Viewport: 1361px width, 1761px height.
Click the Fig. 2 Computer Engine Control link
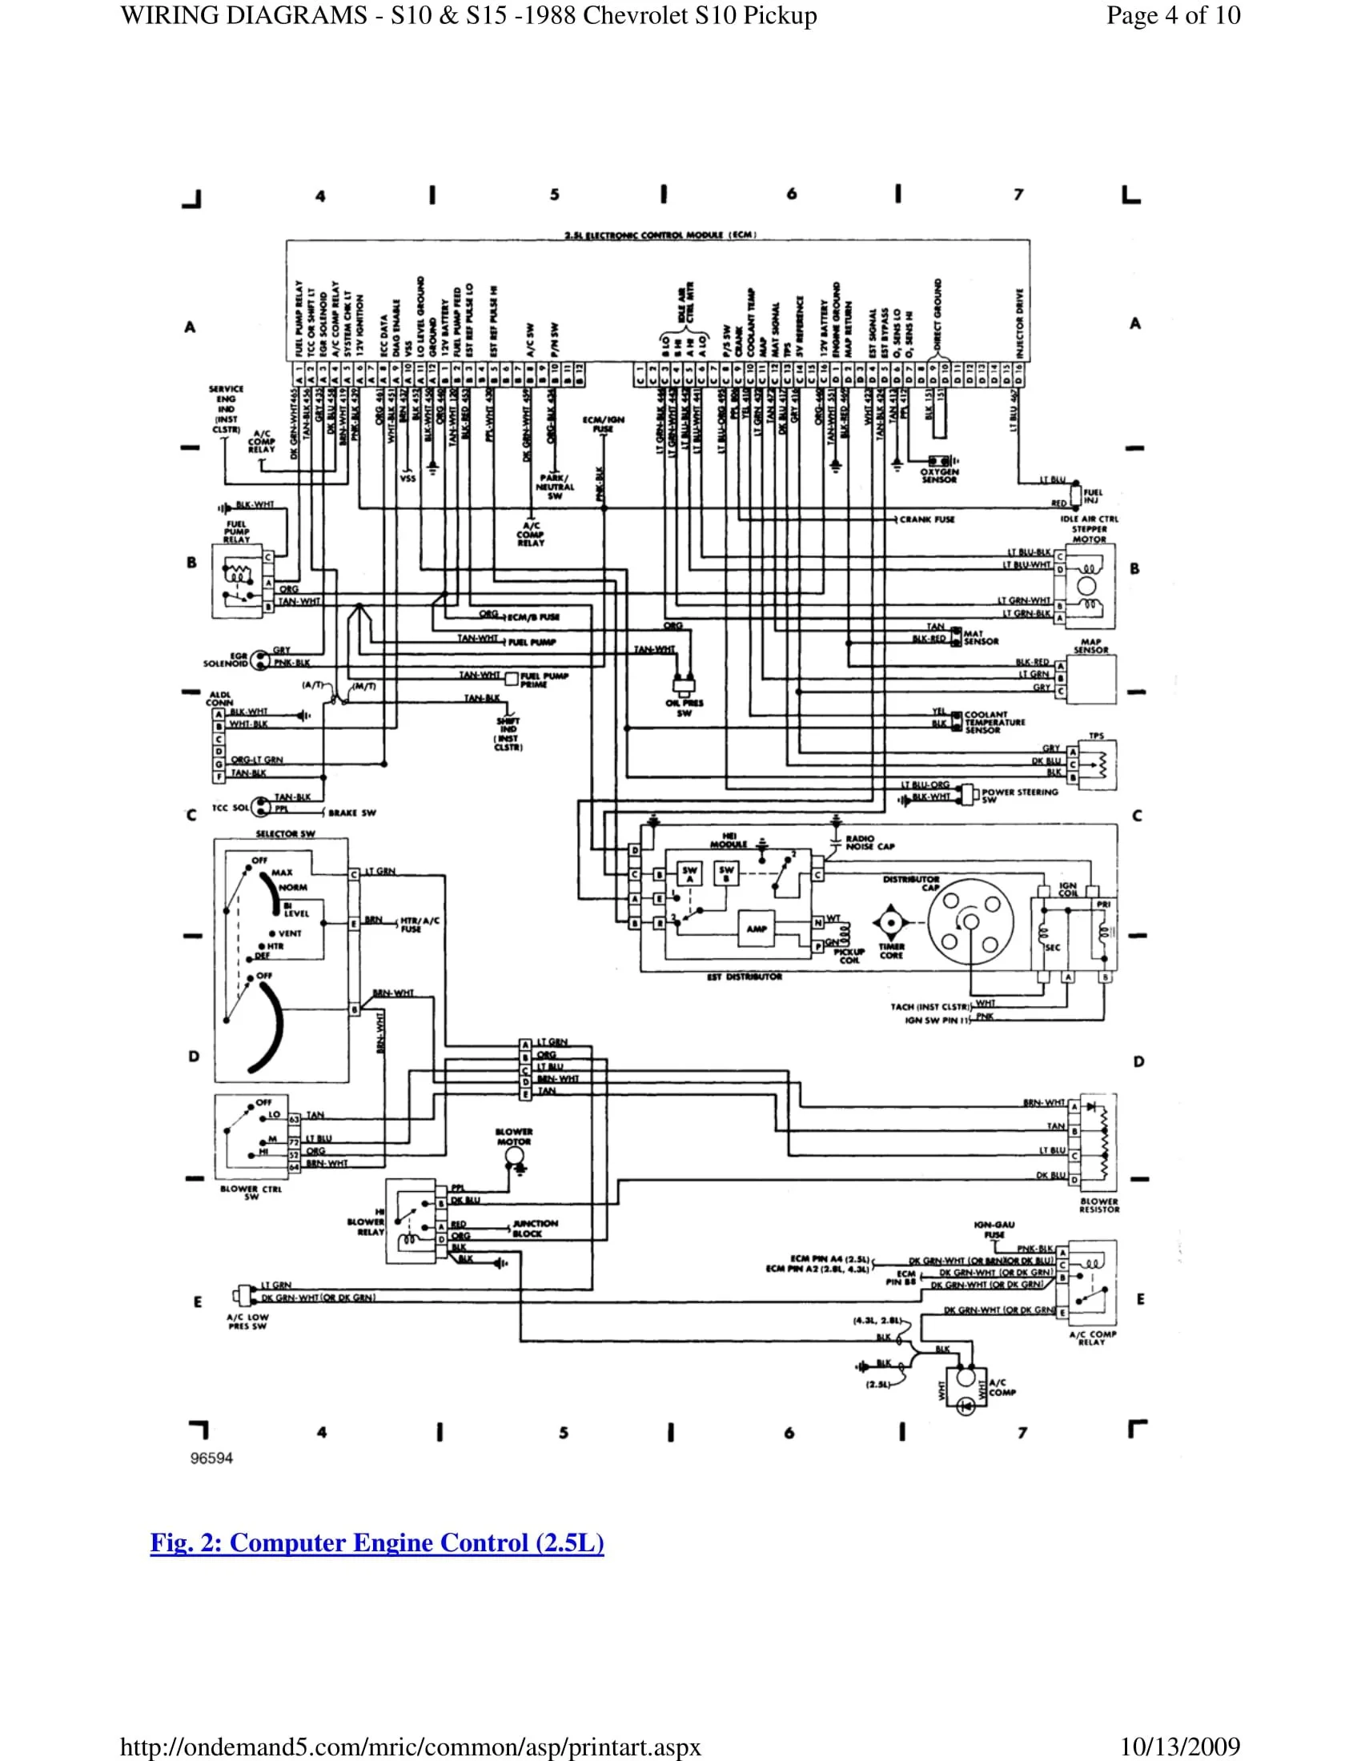coord(376,1542)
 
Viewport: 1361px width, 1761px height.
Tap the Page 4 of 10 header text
coord(1173,15)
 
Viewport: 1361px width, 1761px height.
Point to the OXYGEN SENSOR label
coord(939,475)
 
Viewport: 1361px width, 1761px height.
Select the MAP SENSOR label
coord(1091,646)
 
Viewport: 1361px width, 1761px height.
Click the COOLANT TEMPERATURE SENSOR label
coord(994,722)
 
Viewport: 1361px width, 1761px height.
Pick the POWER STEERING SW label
coord(1019,795)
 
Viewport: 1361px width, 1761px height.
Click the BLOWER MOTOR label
coord(514,1137)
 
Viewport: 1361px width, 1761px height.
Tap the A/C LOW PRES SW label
coord(247,1321)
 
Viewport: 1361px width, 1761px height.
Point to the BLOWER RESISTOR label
coord(1099,1205)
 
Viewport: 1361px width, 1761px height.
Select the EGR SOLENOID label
coord(226,660)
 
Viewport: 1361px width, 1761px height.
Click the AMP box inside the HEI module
coord(757,929)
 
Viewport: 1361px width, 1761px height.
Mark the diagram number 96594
coord(211,1458)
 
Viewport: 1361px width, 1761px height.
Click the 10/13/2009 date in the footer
coord(1179,1747)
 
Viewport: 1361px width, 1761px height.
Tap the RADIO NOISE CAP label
coord(870,843)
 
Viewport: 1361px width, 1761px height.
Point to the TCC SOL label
coord(230,807)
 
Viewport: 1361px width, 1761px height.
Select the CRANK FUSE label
coord(926,519)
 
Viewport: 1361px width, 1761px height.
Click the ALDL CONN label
coord(219,698)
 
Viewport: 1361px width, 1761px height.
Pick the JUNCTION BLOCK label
coord(535,1228)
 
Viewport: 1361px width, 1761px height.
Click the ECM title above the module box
coord(660,235)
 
